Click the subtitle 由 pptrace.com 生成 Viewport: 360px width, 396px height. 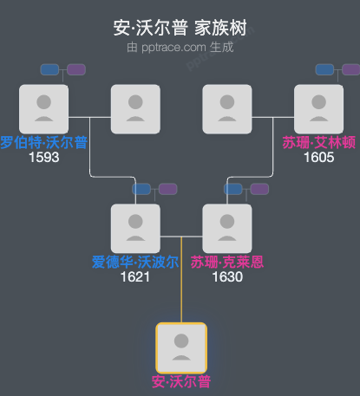pyautogui.click(x=180, y=48)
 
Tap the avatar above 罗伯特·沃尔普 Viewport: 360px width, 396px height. pyautogui.click(x=43, y=108)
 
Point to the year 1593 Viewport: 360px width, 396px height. pyautogui.click(x=43, y=158)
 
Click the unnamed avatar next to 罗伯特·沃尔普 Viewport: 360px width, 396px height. pyautogui.click(x=135, y=108)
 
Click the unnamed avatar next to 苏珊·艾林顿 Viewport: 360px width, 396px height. pyautogui.click(x=226, y=108)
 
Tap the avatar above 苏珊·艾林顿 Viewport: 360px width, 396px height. pyautogui.click(x=318, y=108)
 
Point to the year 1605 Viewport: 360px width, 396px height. pyautogui.click(x=318, y=158)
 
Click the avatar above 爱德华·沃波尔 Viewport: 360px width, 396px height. pyautogui.click(x=135, y=228)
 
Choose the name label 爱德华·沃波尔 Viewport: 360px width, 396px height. pyautogui.click(x=135, y=263)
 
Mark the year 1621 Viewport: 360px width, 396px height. pyautogui.click(x=135, y=277)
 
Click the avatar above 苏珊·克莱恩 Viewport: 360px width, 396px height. pyautogui.click(x=226, y=228)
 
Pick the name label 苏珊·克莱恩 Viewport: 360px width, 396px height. pyautogui.click(x=227, y=263)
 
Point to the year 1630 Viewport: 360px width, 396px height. pyautogui.click(x=226, y=277)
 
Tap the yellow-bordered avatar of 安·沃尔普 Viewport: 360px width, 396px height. pyautogui.click(x=181, y=347)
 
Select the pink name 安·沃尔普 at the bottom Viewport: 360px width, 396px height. pyautogui.click(x=181, y=381)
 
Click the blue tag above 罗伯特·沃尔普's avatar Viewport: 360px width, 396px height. pyautogui.click(x=49, y=69)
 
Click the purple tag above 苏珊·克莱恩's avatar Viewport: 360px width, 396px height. pyautogui.click(x=259, y=189)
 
